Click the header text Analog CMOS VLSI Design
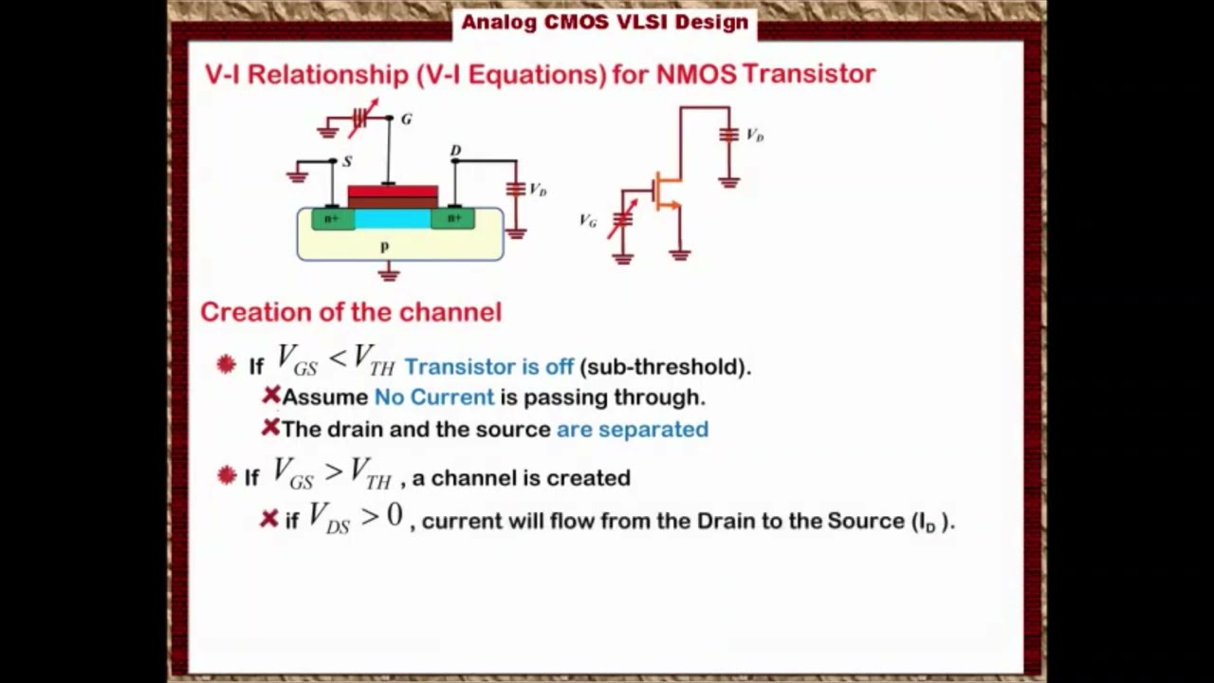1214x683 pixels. pyautogui.click(x=604, y=22)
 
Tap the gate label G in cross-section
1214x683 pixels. pyautogui.click(x=406, y=120)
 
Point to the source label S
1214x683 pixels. pyautogui.click(x=347, y=162)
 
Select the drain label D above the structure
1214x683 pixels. pyautogui.click(x=455, y=151)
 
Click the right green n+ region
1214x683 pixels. pyautogui.click(x=453, y=219)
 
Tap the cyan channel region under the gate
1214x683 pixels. pyautogui.click(x=392, y=220)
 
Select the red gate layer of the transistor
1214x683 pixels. pyautogui.click(x=393, y=194)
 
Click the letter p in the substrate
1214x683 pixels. pyautogui.click(x=384, y=247)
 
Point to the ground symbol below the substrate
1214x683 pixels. pyautogui.click(x=388, y=274)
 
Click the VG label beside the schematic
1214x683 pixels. pyautogui.click(x=588, y=221)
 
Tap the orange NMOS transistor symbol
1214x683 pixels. pyautogui.click(x=667, y=193)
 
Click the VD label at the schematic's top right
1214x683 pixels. pyautogui.click(x=755, y=136)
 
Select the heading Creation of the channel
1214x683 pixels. pyautogui.click(x=351, y=312)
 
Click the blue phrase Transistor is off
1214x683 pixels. pyautogui.click(x=488, y=366)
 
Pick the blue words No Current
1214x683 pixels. pyautogui.click(x=434, y=397)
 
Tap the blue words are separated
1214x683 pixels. pyautogui.click(x=632, y=429)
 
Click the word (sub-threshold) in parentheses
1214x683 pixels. pyautogui.click(x=665, y=366)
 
